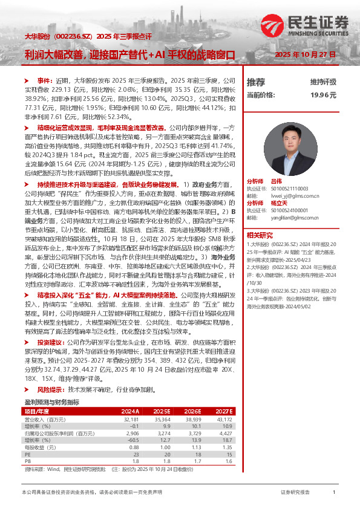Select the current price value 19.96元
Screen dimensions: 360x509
pos(323,95)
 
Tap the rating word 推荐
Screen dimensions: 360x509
pos(256,82)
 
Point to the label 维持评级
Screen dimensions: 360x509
pos(323,82)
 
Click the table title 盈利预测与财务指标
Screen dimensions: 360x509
pos(51,401)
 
